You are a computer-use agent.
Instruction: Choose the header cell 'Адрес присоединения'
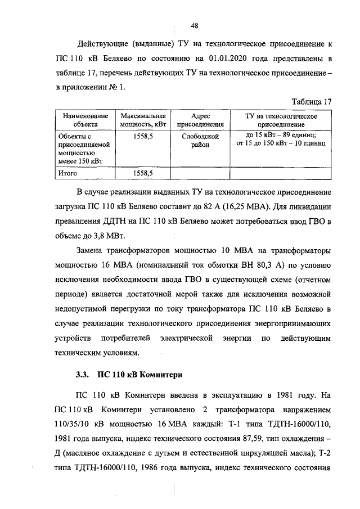200,120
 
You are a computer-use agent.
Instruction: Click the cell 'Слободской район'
200,140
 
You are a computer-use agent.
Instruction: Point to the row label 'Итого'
68,174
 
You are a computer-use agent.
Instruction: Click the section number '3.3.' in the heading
83,373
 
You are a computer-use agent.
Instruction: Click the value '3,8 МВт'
112,235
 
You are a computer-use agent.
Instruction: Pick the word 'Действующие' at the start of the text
101,43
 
